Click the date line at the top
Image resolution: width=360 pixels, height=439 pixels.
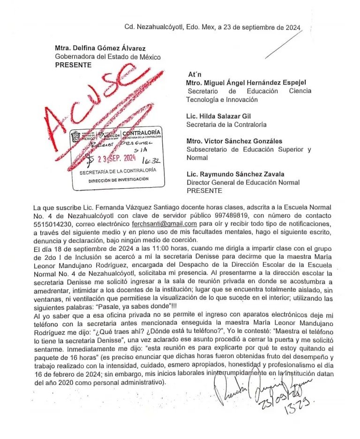tap(212, 27)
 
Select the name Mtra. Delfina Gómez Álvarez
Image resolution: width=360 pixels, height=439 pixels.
tap(100, 48)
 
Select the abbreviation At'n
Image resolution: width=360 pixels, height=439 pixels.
tap(195, 75)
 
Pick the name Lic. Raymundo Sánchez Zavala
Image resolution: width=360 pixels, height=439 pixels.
tap(235, 174)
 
